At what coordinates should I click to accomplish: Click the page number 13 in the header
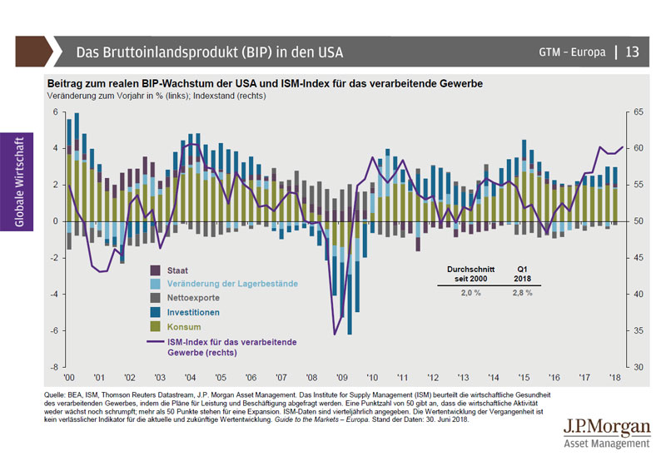point(632,52)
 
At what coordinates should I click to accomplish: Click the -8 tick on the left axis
point(55,367)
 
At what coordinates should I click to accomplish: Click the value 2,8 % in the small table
point(521,293)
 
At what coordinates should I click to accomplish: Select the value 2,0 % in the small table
point(471,293)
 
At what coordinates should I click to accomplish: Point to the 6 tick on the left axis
point(57,112)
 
